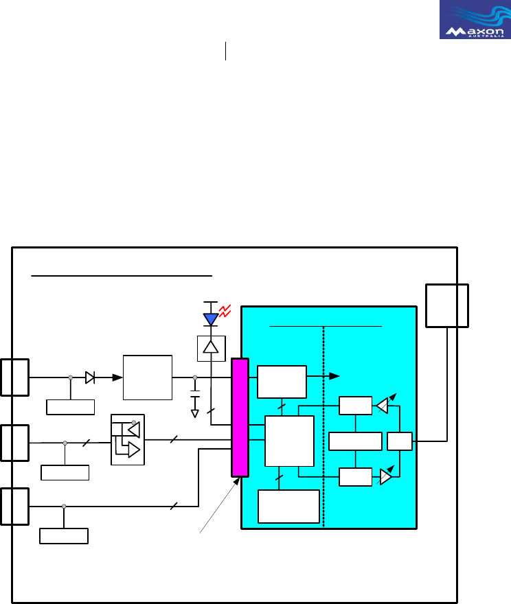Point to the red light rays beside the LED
223,312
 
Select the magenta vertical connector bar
240,417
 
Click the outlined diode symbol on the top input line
90,377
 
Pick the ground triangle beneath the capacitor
195,413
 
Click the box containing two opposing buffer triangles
128,439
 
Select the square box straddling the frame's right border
447,305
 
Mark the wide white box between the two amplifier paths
355,441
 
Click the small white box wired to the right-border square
399,441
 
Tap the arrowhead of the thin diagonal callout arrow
238,479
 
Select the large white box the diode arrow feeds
147,377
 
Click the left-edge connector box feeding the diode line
14,377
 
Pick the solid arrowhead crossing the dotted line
334,376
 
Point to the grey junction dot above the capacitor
195,377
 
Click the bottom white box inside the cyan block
288,506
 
